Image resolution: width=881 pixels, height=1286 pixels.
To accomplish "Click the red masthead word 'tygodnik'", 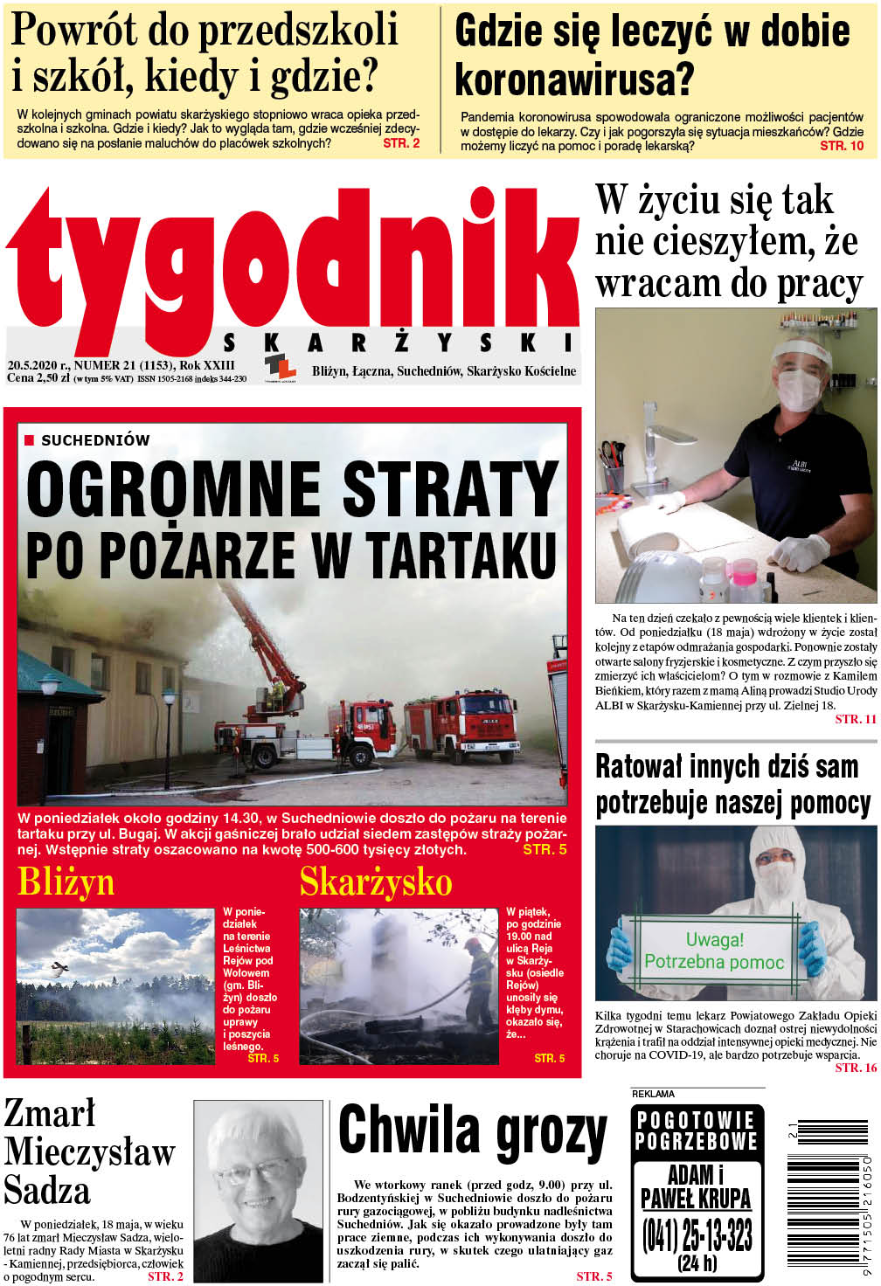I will [293, 262].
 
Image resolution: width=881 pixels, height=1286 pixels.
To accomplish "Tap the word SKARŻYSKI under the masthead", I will [399, 342].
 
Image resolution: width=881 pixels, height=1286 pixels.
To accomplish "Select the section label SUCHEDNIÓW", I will [95, 440].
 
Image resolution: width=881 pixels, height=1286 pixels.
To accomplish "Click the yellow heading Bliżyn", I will [66, 882].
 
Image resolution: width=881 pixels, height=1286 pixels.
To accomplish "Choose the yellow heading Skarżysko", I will [376, 882].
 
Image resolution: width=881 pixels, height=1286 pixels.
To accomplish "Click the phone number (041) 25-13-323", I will [697, 1235].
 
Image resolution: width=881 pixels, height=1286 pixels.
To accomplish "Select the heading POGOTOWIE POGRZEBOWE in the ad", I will [697, 1130].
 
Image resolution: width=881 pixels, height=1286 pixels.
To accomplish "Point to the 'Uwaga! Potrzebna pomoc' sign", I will [714, 951].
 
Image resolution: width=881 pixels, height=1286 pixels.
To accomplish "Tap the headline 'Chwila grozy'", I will [472, 1131].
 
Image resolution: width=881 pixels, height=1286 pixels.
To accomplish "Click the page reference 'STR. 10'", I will [842, 146].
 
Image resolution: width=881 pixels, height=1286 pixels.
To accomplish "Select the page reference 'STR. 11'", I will [855, 719].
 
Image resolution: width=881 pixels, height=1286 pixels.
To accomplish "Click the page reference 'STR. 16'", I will [855, 1068].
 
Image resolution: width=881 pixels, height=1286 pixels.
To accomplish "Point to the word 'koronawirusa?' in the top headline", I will [574, 80].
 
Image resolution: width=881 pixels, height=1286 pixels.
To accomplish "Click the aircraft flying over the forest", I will [60, 967].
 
